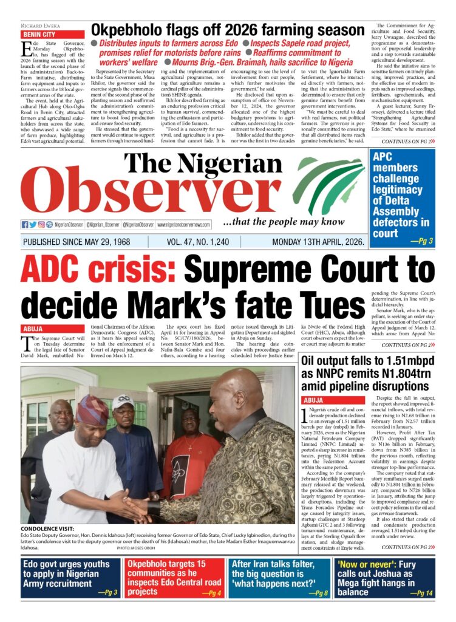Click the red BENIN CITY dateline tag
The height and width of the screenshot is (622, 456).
[x=39, y=35]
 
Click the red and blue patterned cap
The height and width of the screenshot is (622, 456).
[x=92, y=409]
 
